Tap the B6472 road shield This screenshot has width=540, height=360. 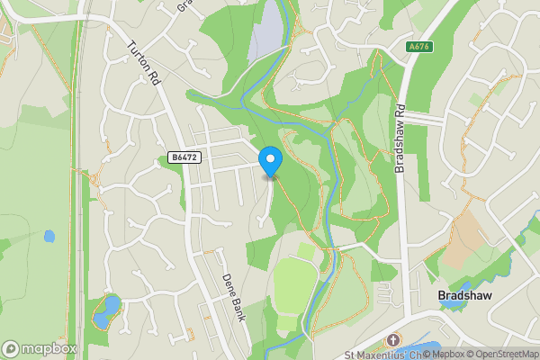coord(183,157)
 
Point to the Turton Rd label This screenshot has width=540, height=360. coord(144,64)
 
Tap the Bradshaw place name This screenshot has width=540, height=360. coord(463,295)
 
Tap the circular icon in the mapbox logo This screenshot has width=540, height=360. coord(11,348)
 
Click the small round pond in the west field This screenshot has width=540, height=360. coord(49,237)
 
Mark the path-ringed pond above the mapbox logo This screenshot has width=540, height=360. coord(106,310)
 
